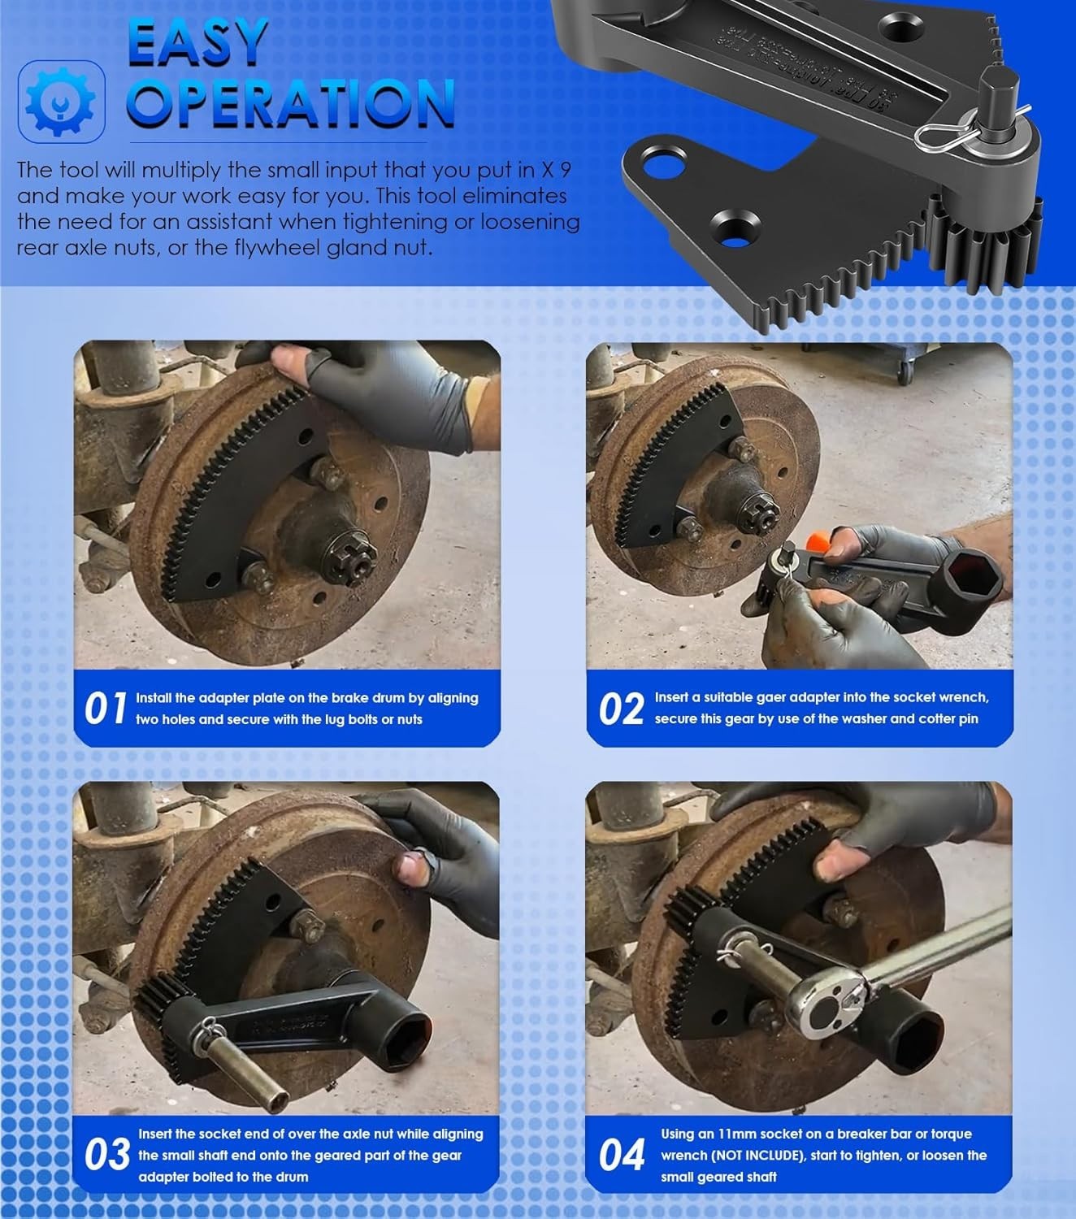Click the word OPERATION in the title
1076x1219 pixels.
[291, 102]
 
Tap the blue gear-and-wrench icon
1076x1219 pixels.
[61, 102]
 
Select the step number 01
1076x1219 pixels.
[106, 708]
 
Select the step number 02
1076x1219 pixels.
[622, 708]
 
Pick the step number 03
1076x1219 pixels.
[106, 1155]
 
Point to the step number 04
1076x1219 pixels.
[622, 1155]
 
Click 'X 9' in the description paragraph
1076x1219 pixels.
[560, 170]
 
